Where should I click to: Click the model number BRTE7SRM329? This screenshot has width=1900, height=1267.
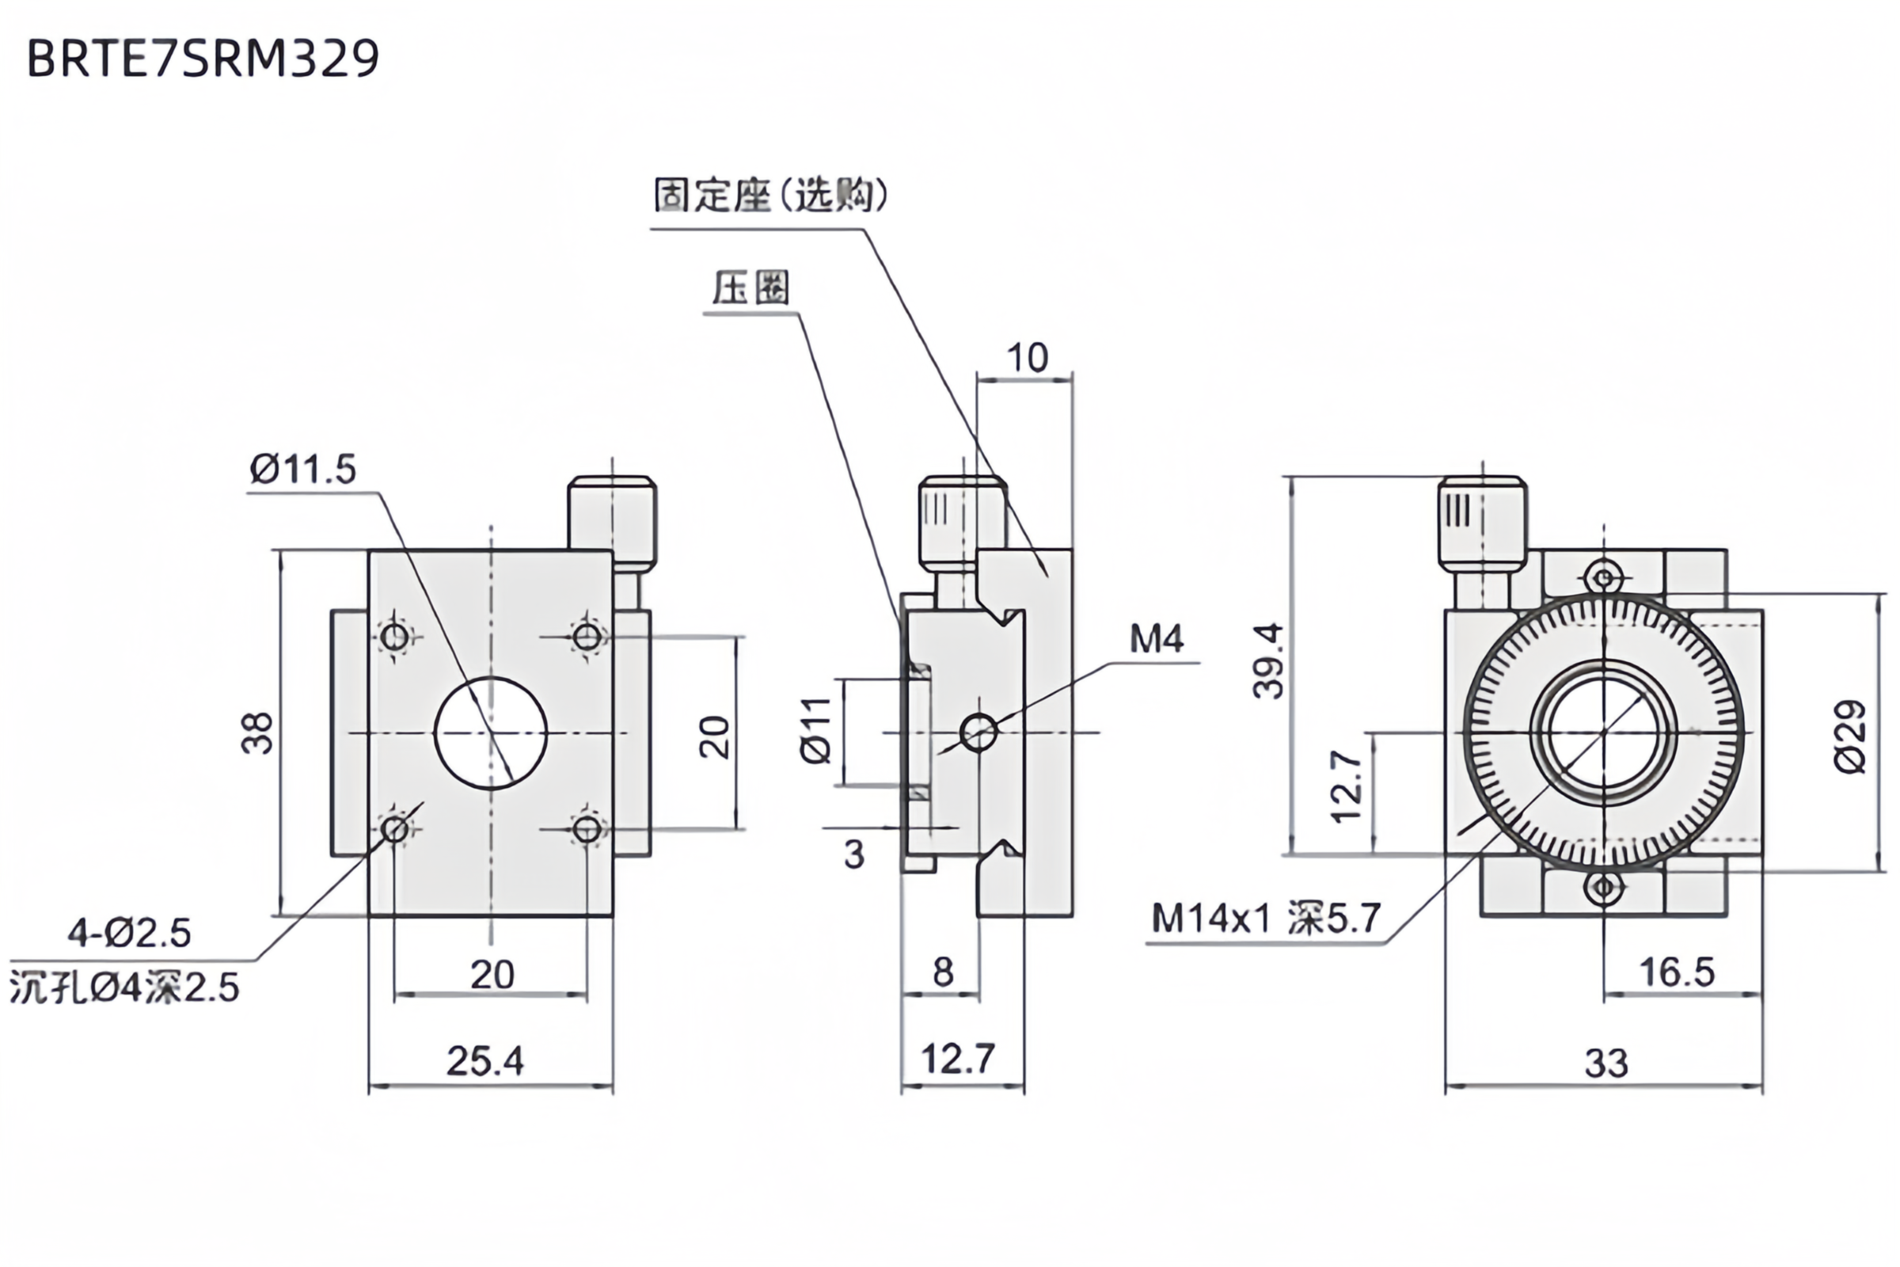(203, 59)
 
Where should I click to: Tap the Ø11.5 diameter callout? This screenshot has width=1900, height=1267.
(303, 470)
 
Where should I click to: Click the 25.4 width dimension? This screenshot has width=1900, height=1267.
(484, 1061)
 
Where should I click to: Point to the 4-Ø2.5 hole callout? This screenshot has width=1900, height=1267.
(129, 934)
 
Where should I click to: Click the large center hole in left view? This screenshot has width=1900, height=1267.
(490, 732)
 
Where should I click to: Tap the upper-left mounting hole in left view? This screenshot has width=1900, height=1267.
(395, 637)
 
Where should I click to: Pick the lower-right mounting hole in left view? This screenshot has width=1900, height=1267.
(587, 829)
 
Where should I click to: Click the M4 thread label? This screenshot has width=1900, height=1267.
(1156, 639)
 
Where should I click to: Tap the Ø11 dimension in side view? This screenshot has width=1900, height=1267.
(816, 730)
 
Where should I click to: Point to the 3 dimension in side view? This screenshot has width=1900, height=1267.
(854, 854)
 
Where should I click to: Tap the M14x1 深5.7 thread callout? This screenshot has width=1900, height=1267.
(1266, 918)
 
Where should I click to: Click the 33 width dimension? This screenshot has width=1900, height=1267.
(1605, 1063)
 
